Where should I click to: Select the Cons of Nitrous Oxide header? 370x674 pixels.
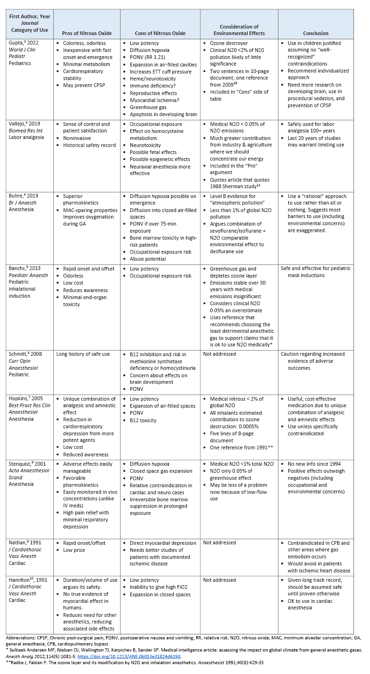click(159, 33)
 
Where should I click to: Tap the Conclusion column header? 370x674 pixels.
click(315, 33)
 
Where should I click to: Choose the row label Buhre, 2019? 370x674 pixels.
click(23, 197)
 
